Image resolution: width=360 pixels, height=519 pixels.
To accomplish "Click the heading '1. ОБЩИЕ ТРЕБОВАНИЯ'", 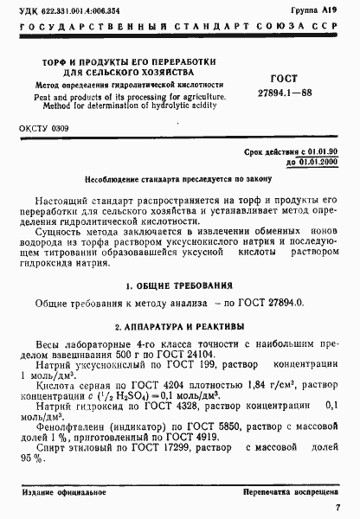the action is click(x=179, y=285).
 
